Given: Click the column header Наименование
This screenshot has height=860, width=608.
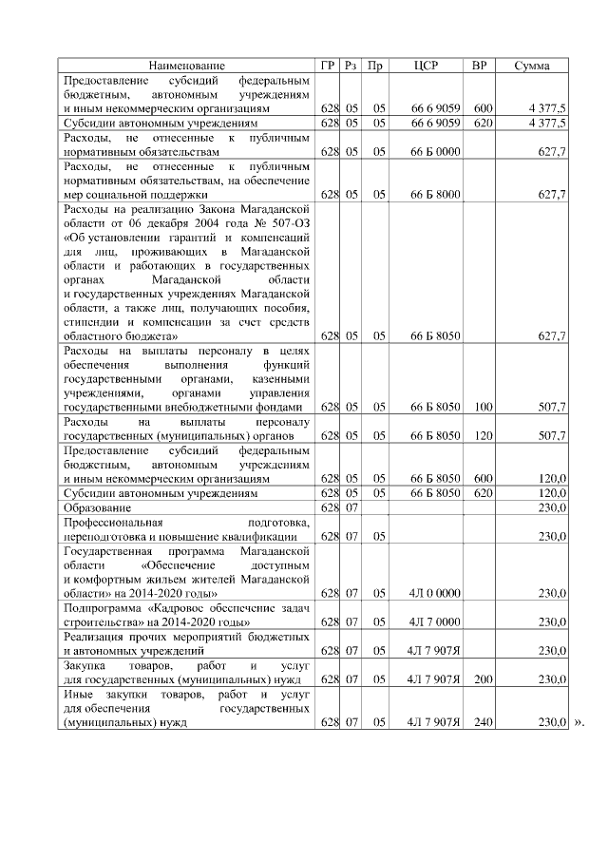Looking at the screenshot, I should click(187, 66).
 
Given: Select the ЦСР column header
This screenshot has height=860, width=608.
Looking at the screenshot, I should click(427, 66).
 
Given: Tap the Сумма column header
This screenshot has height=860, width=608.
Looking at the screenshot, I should click(536, 66).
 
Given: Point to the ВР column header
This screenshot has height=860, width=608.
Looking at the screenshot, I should click(482, 66).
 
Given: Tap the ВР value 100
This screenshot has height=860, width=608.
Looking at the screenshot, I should click(483, 407).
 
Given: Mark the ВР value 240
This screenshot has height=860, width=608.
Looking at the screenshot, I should click(483, 722).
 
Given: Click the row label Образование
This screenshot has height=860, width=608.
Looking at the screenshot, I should click(97, 508).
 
